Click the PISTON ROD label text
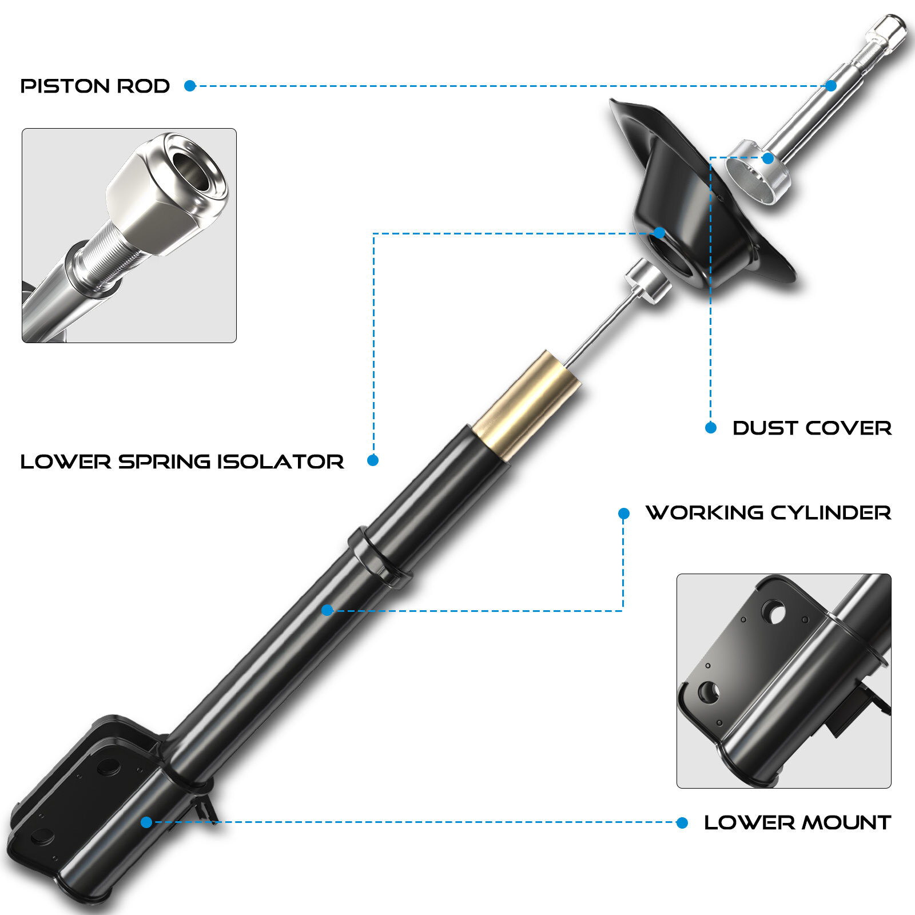pos(95,86)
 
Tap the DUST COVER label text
pos(811,428)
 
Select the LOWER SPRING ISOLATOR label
pos(182,462)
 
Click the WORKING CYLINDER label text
pos(768,512)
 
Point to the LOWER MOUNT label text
pos(797,823)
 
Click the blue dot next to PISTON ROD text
pos(190,86)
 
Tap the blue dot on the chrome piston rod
pos(831,86)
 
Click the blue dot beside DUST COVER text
pos(711,428)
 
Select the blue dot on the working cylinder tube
pos(327,610)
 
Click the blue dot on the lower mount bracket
pos(146,822)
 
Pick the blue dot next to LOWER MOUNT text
pos(682,822)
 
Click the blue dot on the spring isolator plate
pos(659,232)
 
